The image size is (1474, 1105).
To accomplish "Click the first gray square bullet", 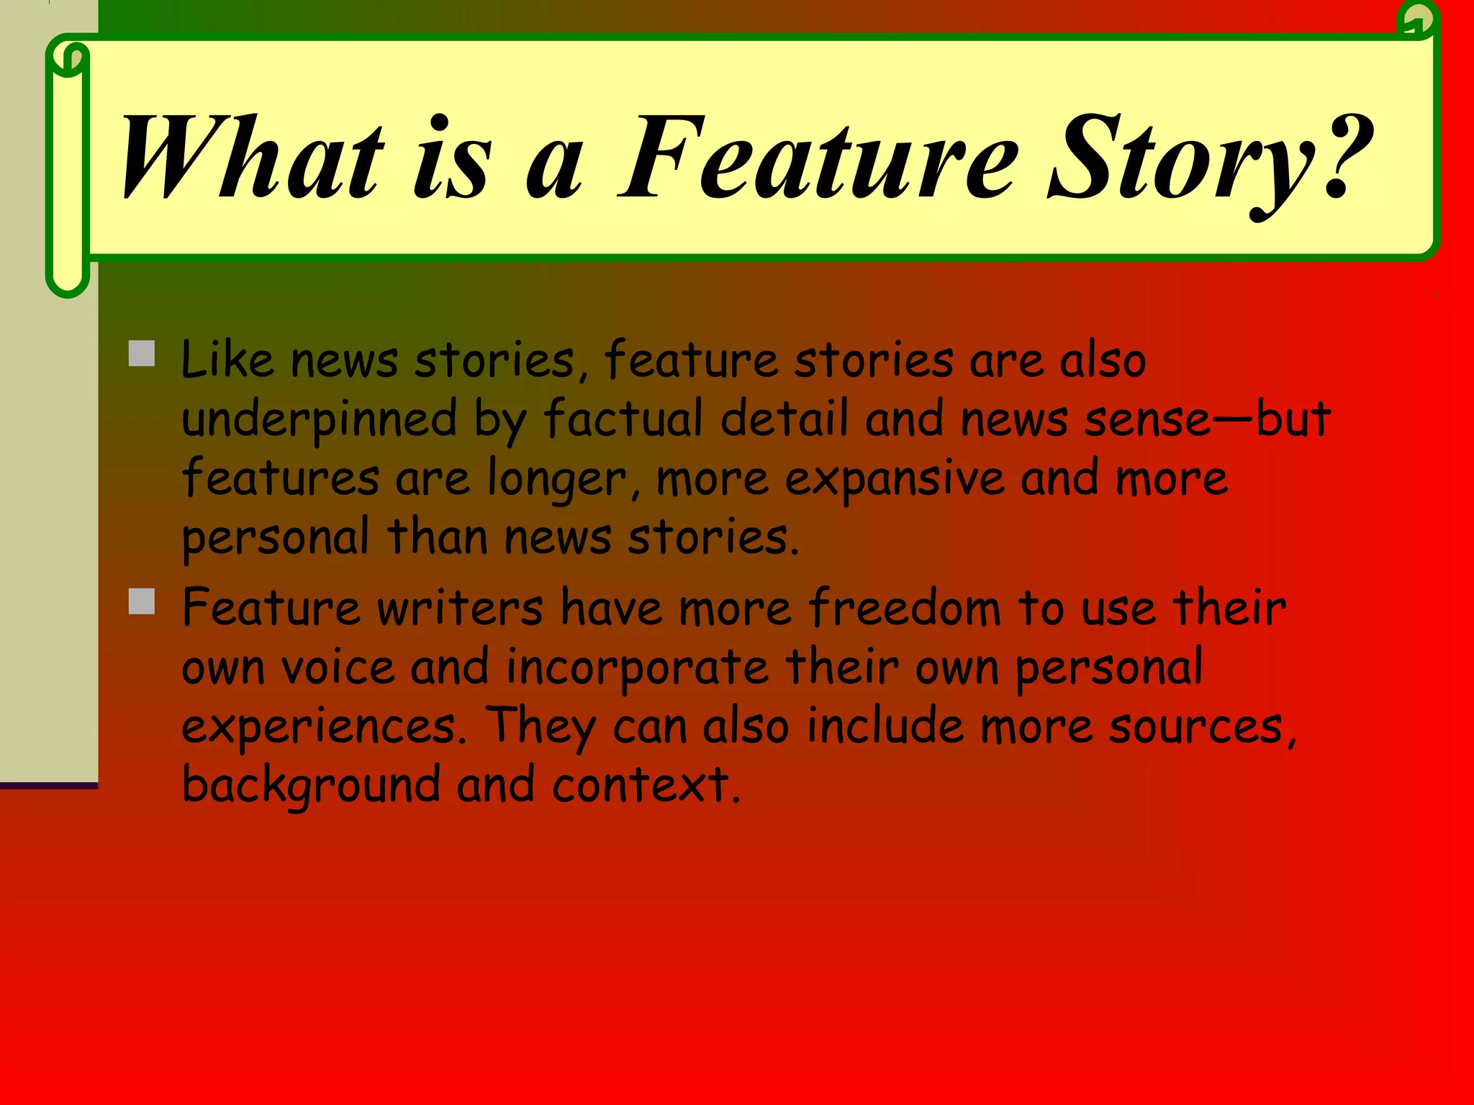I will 142,354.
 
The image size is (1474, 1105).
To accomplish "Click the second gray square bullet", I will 142,601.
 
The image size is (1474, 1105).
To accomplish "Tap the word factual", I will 623,418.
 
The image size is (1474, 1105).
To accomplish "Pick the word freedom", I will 904,608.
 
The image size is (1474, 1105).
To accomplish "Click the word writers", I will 460,608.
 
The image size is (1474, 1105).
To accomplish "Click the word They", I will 541,727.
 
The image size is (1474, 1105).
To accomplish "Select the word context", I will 646,786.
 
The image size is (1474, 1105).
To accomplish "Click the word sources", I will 1202,727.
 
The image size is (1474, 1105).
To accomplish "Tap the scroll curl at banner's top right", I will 1417,19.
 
